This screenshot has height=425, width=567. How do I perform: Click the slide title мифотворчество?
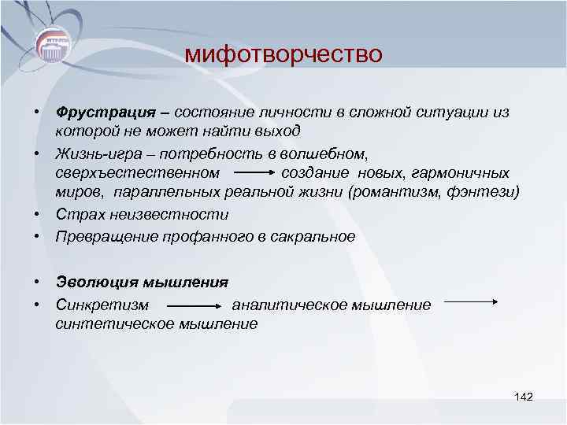pos(283,54)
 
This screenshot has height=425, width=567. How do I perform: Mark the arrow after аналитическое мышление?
pos(468,301)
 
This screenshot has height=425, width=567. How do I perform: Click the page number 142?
pos(523,396)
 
